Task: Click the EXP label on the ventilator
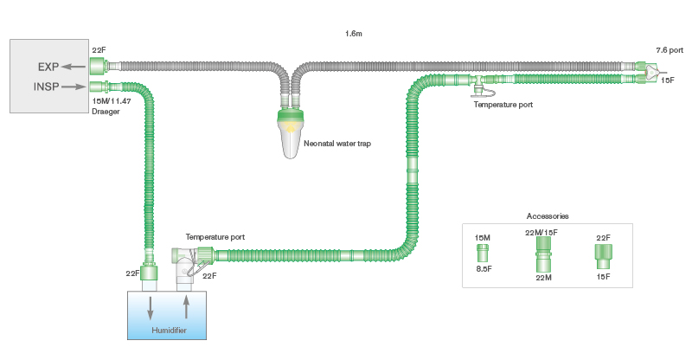point(48,65)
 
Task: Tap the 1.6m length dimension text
point(353,33)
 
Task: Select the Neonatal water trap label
point(338,143)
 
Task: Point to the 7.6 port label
point(670,50)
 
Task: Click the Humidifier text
point(169,331)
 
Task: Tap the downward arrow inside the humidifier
point(151,307)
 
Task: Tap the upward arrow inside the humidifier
point(186,307)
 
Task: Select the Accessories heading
point(547,215)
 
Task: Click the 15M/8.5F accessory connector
point(484,253)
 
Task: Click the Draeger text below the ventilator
point(105,112)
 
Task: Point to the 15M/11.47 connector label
point(112,101)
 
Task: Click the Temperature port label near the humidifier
point(215,236)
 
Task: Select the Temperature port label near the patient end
point(502,104)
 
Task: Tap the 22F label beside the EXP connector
point(99,50)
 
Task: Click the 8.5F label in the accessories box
point(484,269)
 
